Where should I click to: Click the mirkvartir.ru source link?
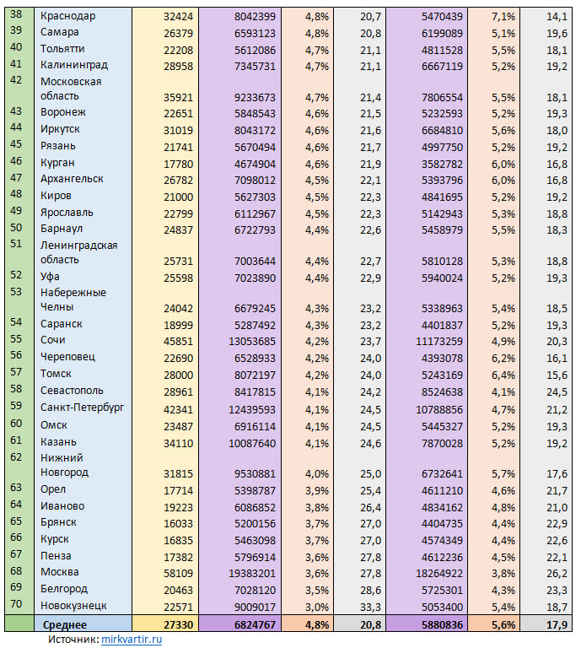(132, 640)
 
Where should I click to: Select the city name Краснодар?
(67, 17)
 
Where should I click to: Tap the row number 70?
(16, 604)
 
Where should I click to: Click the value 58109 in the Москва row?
(179, 574)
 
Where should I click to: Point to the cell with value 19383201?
(252, 574)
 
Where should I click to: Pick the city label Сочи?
(53, 340)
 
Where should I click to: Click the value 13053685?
(252, 342)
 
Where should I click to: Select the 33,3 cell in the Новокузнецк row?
(370, 607)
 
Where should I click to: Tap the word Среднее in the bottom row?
(65, 625)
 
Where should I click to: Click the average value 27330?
(179, 625)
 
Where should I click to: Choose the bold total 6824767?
(255, 625)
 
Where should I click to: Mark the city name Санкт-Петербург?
(82, 408)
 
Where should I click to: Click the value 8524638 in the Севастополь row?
(442, 392)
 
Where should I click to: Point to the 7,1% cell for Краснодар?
(503, 17)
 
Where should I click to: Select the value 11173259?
(439, 342)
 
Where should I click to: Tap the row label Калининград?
(74, 65)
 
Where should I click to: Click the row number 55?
(16, 339)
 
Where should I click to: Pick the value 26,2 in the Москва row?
(557, 574)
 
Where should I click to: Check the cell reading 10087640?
(252, 444)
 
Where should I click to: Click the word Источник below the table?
(74, 640)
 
